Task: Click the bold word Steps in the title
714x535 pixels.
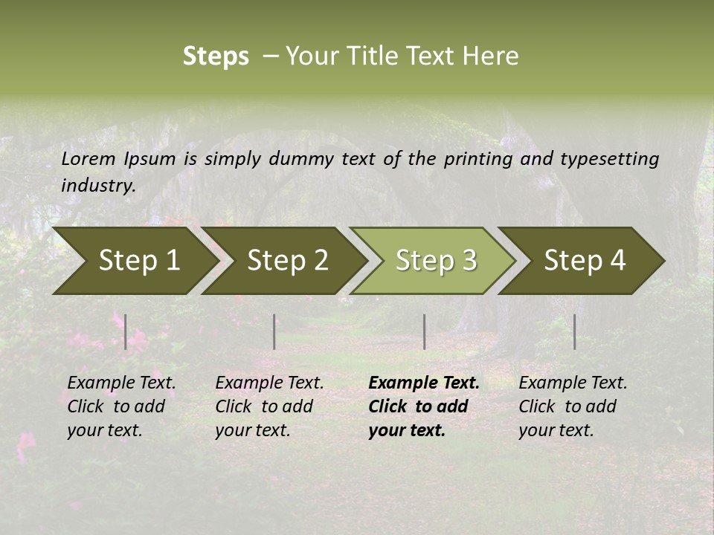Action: click(x=216, y=56)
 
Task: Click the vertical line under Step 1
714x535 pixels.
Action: click(x=126, y=331)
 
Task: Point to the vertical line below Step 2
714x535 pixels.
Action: click(x=274, y=331)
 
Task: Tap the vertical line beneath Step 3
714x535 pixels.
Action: click(x=424, y=331)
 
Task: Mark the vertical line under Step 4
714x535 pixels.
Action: click(x=575, y=331)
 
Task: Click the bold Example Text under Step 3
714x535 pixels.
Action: click(x=424, y=383)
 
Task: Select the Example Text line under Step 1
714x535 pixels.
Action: click(x=121, y=383)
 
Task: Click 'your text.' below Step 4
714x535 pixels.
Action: click(x=556, y=430)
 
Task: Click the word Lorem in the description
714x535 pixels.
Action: click(x=89, y=159)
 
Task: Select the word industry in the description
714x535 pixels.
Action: click(x=97, y=186)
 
